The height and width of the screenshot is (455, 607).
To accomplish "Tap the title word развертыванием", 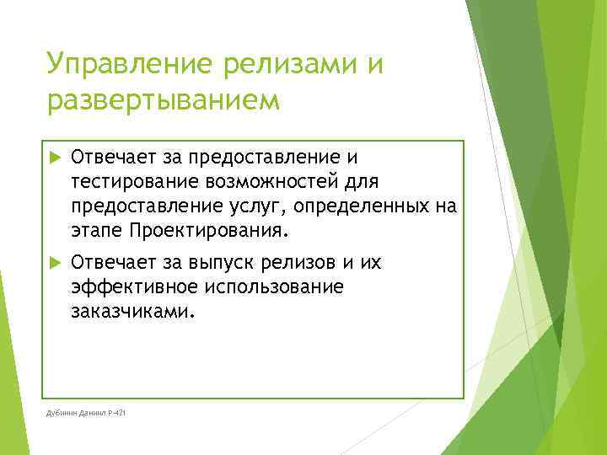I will click(x=162, y=100).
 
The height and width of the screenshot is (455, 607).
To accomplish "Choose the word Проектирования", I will click(x=209, y=230).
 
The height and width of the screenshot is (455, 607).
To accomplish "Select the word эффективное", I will click(x=131, y=288).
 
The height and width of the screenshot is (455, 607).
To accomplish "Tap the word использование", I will click(x=272, y=288).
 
